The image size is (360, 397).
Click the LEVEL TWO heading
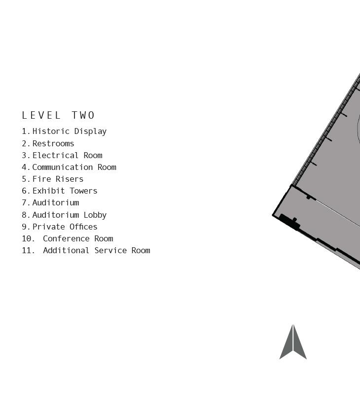(58, 115)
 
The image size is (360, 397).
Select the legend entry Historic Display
(69, 132)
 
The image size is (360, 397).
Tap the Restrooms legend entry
(53, 143)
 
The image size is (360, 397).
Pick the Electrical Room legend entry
(67, 155)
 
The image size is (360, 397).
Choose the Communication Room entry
(74, 167)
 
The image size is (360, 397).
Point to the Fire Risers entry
(58, 179)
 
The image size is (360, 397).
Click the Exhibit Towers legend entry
(65, 191)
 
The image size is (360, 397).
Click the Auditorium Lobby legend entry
(69, 215)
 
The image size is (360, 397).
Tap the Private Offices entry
(65, 227)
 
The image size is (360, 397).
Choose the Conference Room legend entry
(78, 238)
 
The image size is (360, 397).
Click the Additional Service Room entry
(96, 250)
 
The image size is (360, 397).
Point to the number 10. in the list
(28, 238)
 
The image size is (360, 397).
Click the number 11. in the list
(28, 250)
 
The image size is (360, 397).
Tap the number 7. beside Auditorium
(26, 202)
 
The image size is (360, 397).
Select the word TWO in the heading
(83, 115)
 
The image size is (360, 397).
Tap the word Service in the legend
(110, 250)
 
